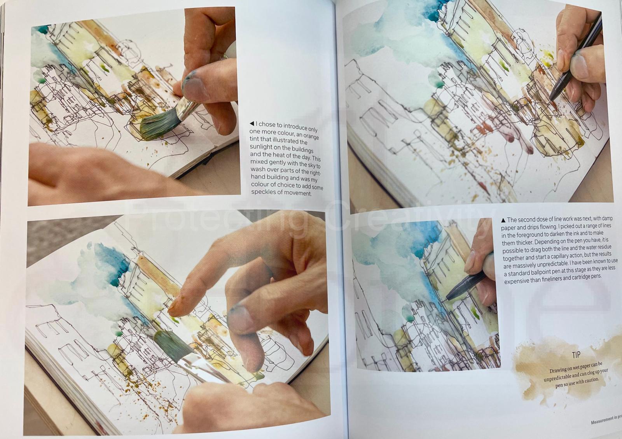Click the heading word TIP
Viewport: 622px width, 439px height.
pos(576,355)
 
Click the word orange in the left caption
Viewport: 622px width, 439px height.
pos(311,136)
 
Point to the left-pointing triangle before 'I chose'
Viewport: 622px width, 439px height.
pos(252,123)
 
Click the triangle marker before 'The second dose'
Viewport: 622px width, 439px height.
pos(503,221)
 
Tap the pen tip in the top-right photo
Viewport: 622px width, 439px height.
pos(550,100)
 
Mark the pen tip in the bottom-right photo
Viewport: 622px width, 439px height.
pos(447,299)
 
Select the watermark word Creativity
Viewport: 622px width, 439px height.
pos(406,219)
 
